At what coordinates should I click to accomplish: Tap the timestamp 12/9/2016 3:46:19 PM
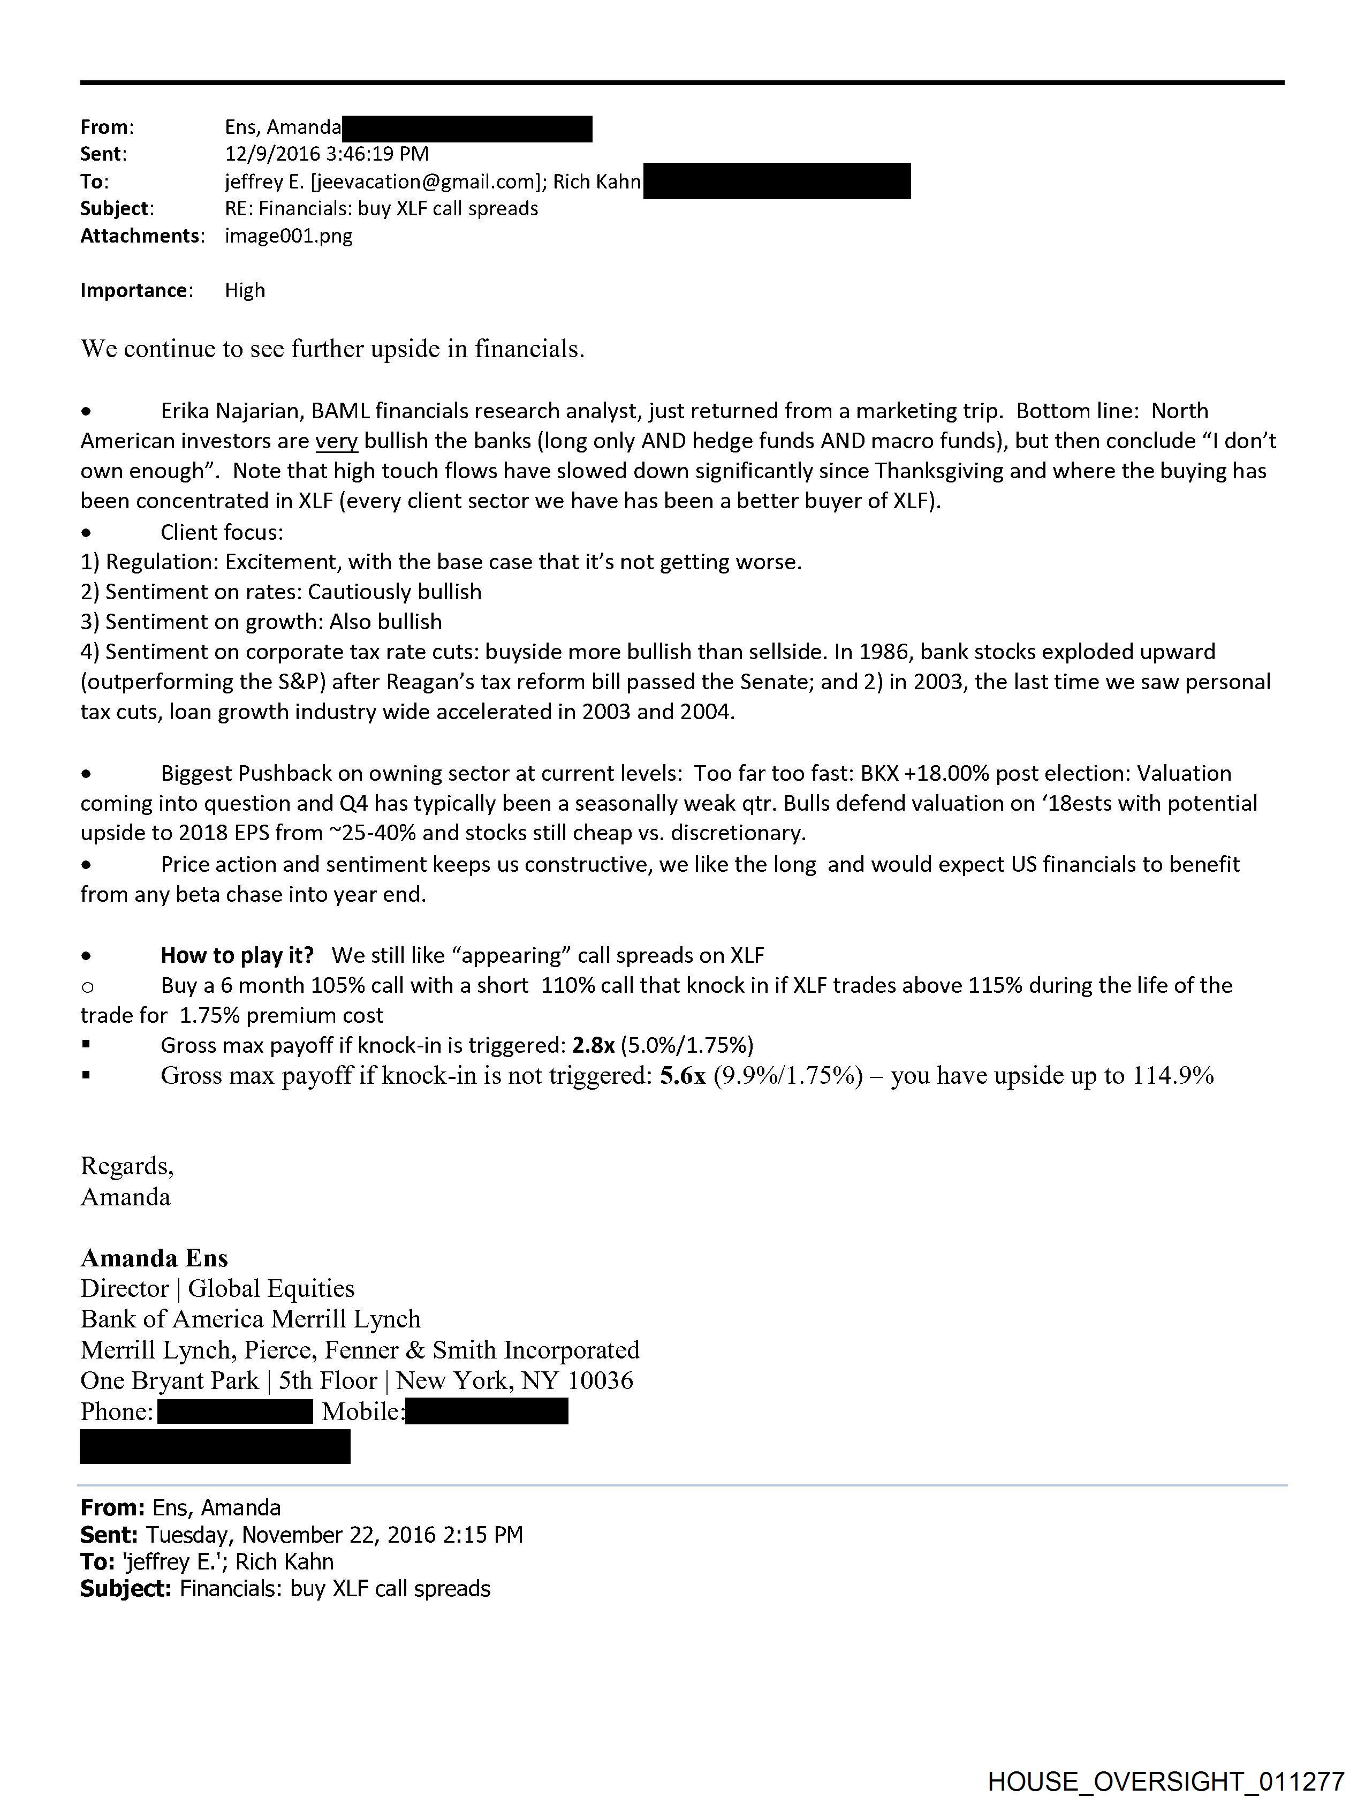(x=326, y=153)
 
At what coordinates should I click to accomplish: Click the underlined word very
(x=336, y=441)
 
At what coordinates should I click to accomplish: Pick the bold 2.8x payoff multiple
(x=593, y=1046)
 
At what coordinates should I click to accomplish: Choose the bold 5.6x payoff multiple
(x=682, y=1076)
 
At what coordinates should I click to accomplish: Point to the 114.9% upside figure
(x=1173, y=1076)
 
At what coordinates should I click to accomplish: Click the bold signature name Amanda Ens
(x=154, y=1258)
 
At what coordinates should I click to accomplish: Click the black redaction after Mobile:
(x=486, y=1411)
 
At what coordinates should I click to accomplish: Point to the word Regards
(x=125, y=1166)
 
